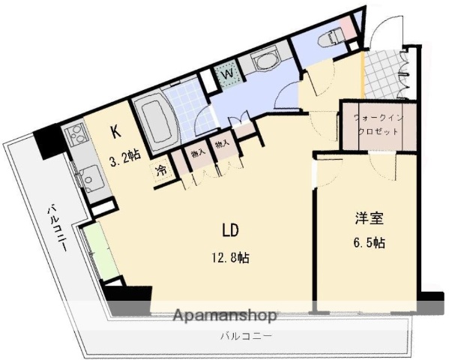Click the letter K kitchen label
point(115,133)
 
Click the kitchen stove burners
point(77,136)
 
